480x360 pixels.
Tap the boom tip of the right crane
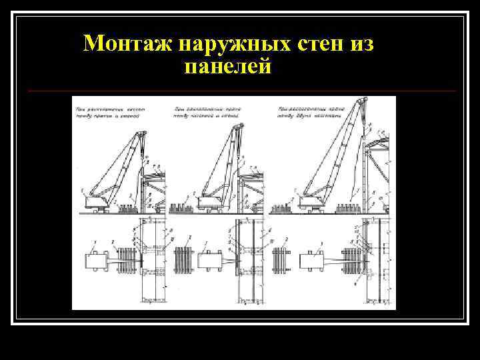coord(363,101)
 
